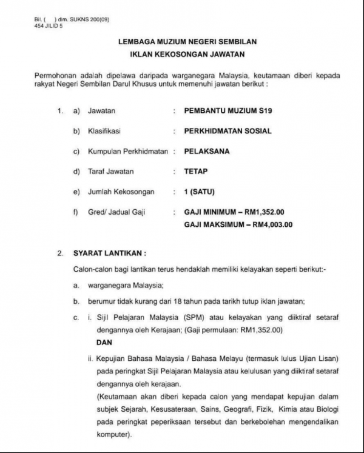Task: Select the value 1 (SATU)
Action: [x=200, y=192]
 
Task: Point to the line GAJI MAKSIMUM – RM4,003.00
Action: [x=238, y=224]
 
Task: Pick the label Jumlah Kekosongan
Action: [x=121, y=192]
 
